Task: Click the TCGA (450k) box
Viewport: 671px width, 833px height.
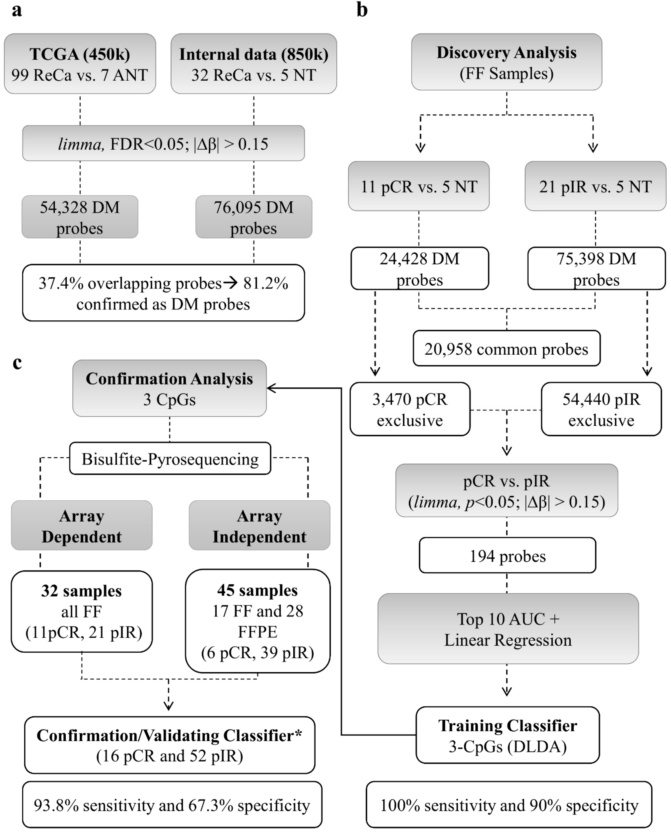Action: pos(80,64)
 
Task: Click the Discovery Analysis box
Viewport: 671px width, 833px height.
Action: pos(506,62)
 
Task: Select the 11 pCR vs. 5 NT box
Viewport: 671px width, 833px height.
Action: pos(419,186)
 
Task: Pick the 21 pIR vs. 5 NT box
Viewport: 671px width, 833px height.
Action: pos(595,186)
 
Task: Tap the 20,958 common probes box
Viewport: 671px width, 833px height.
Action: pos(506,348)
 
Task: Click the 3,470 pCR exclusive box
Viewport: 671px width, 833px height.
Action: pos(410,409)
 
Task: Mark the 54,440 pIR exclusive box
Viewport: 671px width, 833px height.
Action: pos(601,409)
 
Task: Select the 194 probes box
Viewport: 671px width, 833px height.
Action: pos(507,556)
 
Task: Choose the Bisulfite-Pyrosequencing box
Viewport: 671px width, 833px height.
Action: pos(170,459)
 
